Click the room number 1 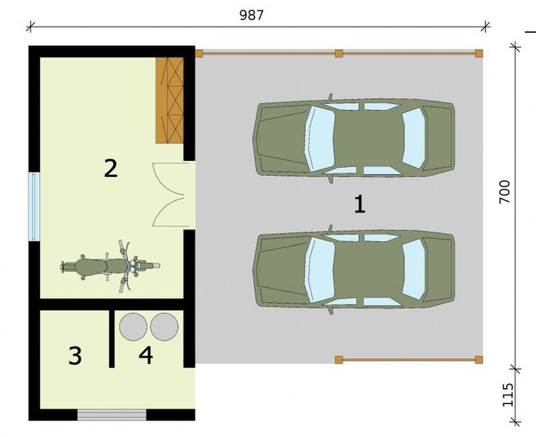358,204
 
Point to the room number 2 110,168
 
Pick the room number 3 75,356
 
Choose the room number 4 146,356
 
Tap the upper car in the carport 354,138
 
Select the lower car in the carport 354,269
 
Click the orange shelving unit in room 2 169,100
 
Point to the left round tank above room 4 133,326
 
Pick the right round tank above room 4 165,326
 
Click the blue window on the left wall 33,207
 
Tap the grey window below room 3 112,415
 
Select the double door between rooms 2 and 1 173,195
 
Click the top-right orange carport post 478,53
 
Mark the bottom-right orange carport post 478,359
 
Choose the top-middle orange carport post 339,53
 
